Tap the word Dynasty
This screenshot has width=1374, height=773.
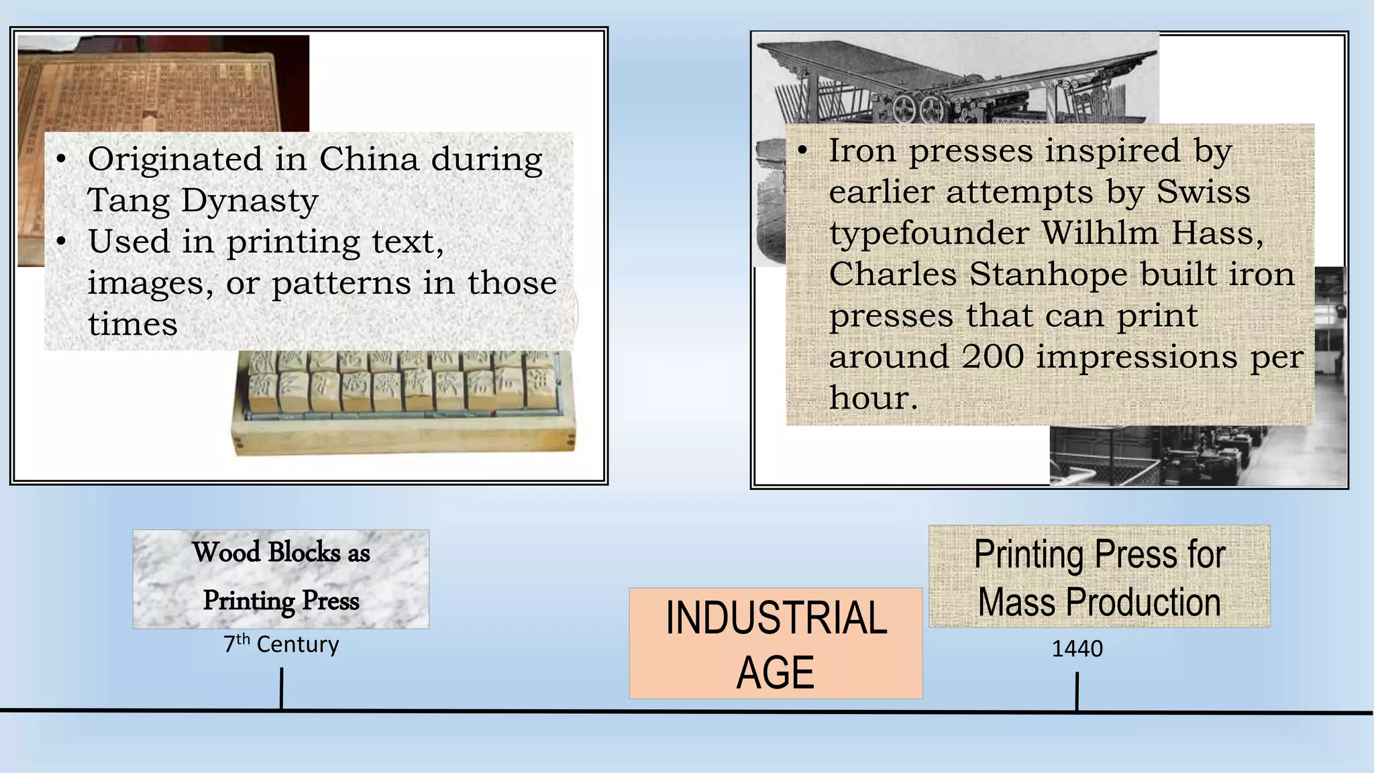tap(249, 201)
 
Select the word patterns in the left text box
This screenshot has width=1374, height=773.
tap(341, 283)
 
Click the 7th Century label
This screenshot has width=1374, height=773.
tap(281, 644)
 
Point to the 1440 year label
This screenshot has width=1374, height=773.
tap(1077, 649)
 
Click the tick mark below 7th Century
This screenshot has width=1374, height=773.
tap(281, 687)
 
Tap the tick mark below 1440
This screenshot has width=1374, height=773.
tap(1077, 691)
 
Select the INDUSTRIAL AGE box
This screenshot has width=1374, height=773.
tap(776, 643)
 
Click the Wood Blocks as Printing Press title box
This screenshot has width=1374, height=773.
tap(280, 578)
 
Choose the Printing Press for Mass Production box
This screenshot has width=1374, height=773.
tap(1099, 576)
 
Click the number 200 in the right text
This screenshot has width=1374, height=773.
tap(992, 356)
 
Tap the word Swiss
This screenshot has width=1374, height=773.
tap(1203, 192)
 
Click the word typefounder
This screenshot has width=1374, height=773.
tap(929, 234)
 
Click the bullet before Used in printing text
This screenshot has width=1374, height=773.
tap(62, 242)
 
